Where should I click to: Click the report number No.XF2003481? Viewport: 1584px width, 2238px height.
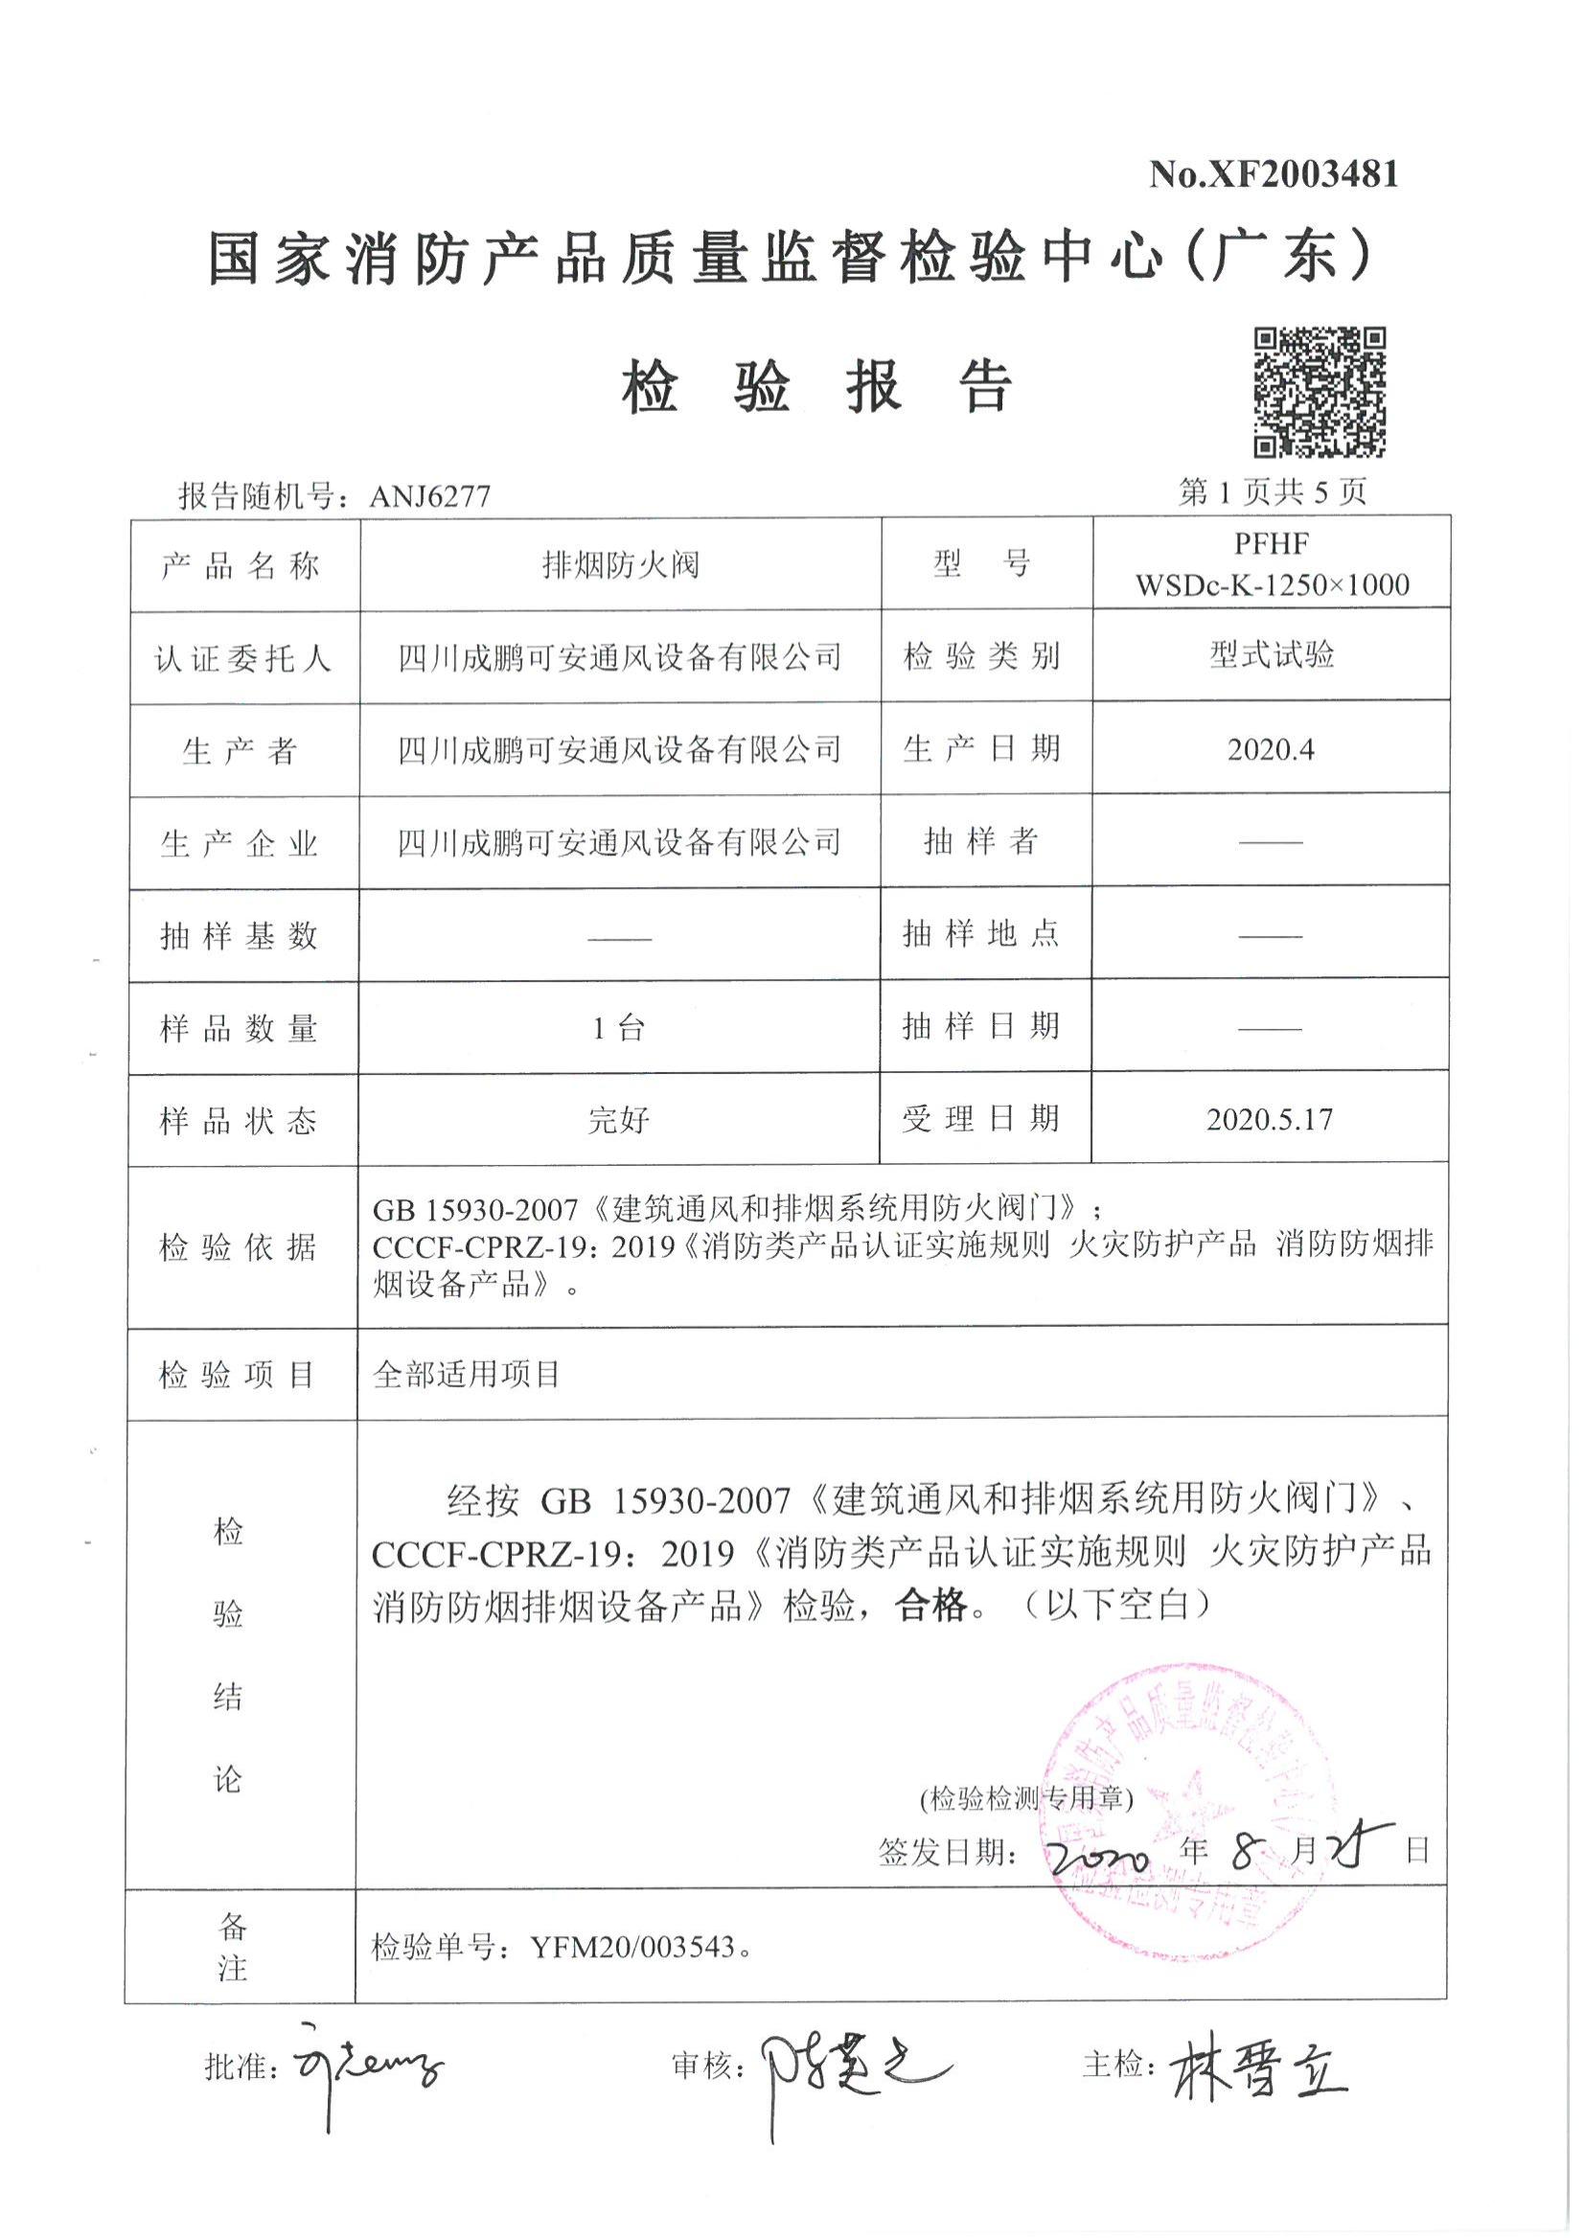1273,174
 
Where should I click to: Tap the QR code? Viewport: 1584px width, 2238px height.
1320,393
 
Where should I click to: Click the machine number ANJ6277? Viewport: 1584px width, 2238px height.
430,496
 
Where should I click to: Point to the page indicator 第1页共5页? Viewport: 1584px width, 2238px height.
1272,492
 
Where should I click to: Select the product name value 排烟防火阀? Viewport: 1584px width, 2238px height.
620,564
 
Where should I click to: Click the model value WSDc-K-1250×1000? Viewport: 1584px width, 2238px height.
1272,585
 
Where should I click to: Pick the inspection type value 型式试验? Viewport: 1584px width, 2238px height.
1272,655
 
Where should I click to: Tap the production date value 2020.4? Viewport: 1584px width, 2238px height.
1270,749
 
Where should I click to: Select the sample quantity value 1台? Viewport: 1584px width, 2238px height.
619,1028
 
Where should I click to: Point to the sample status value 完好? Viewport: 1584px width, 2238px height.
619,1121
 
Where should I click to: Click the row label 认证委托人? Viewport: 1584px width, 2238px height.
242,659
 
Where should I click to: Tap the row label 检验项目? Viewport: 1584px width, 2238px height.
237,1376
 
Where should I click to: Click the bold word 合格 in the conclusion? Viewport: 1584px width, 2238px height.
931,1605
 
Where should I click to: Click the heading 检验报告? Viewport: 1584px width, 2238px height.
817,388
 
